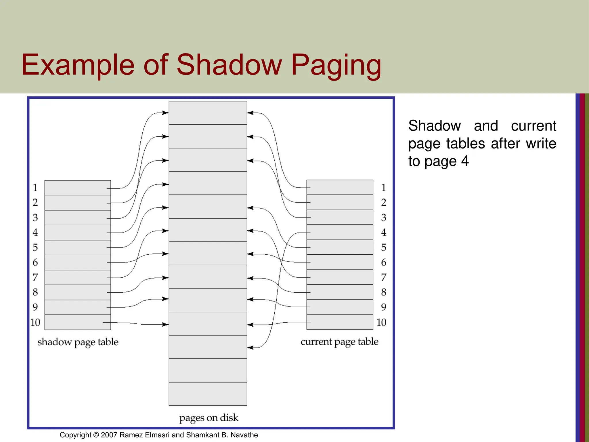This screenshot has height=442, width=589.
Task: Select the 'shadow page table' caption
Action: [78, 342]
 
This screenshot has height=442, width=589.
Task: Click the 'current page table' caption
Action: [339, 342]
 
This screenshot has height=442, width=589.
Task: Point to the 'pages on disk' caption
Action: [209, 418]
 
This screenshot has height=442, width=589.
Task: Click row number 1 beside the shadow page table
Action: [35, 188]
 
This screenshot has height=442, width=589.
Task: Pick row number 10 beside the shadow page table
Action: [35, 322]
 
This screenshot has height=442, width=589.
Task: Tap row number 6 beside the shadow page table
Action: [35, 262]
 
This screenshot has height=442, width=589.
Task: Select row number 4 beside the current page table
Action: [384, 232]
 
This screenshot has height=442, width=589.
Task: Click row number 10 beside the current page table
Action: [381, 322]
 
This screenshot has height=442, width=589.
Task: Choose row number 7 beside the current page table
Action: [384, 277]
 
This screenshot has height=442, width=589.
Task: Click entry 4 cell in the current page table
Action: [340, 232]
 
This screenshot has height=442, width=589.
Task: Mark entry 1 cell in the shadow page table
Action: [78, 188]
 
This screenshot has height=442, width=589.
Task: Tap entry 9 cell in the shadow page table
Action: [78, 307]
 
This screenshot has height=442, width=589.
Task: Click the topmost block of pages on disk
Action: [208, 113]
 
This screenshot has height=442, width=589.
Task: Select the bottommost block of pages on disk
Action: [208, 394]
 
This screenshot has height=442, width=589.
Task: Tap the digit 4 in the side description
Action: [465, 161]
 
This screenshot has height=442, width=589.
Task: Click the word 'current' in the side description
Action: [533, 126]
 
